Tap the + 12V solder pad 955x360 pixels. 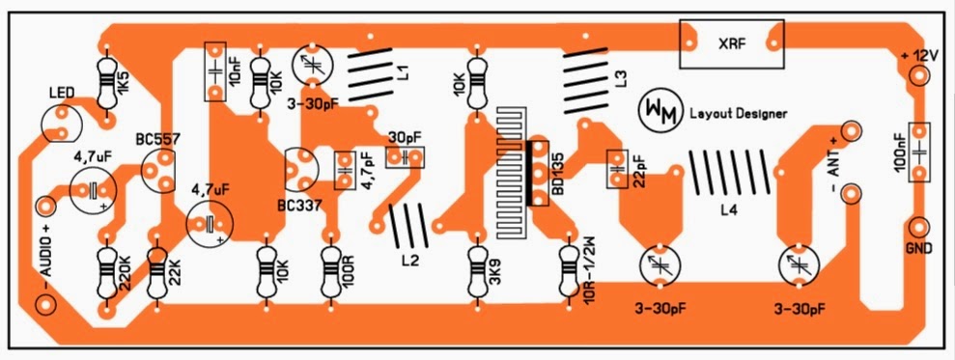(x=919, y=76)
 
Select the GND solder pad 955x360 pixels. (x=919, y=228)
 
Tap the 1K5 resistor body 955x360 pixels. (x=107, y=82)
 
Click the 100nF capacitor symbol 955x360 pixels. (x=919, y=152)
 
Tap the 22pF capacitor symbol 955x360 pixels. (x=618, y=168)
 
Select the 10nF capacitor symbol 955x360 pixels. (x=215, y=71)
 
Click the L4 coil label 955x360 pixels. (x=728, y=211)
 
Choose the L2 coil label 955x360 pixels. (x=410, y=261)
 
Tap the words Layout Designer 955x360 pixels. (x=738, y=113)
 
